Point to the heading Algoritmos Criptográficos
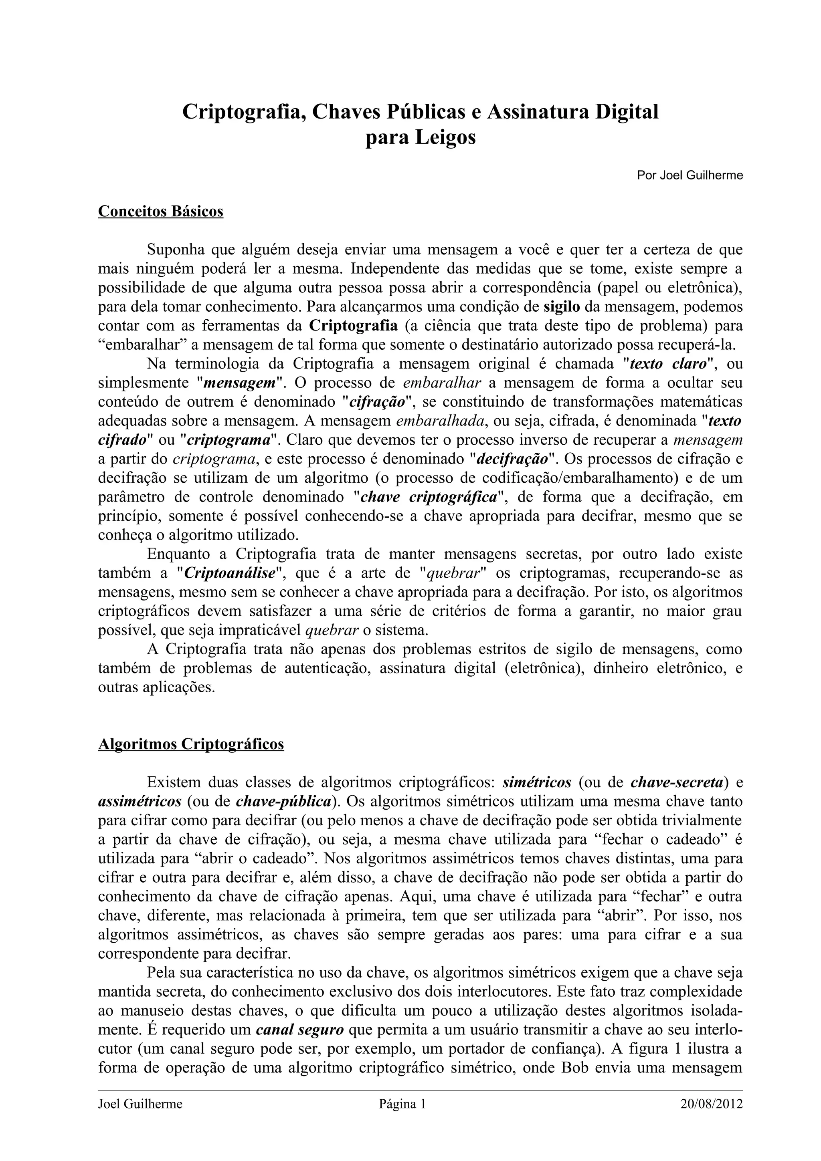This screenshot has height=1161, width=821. [191, 744]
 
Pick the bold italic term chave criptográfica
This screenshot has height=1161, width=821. [429, 497]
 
